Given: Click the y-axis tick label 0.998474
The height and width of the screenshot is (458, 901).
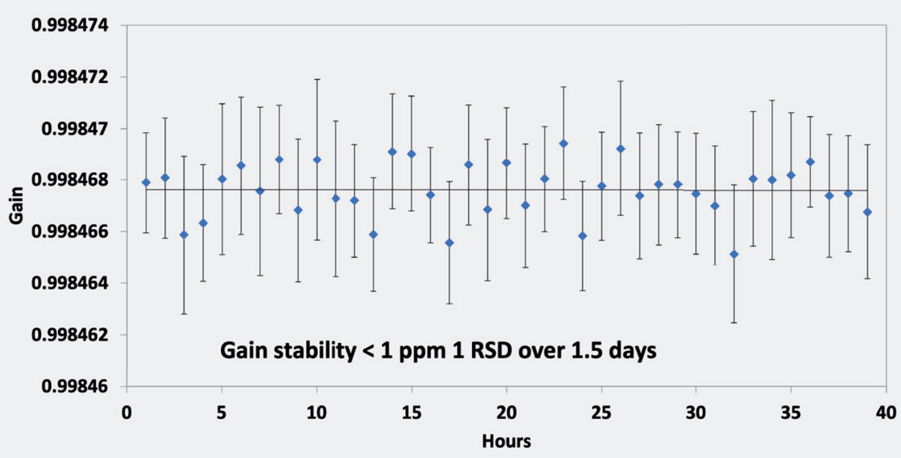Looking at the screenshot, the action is (x=70, y=25).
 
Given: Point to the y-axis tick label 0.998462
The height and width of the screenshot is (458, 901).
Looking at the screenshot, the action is (x=70, y=335).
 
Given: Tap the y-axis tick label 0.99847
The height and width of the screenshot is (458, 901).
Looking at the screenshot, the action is (x=75, y=129).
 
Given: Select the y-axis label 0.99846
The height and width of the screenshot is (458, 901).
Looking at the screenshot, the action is (x=75, y=386).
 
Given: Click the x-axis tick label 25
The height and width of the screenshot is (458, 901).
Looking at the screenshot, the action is (x=602, y=412).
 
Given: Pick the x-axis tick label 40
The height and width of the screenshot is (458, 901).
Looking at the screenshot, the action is (x=886, y=412).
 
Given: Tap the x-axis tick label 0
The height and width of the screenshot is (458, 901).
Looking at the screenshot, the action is (x=127, y=412).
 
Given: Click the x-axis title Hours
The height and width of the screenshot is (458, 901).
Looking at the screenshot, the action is (x=506, y=441).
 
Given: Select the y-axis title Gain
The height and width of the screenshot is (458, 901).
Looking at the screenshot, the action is (x=16, y=205).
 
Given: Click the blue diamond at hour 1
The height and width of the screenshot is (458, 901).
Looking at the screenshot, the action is (x=146, y=183).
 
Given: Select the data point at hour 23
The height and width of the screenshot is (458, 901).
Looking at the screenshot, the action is (x=563, y=143).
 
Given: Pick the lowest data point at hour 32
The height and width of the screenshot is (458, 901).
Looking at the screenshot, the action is (x=734, y=254).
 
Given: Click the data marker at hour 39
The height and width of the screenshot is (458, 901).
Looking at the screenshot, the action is (x=868, y=212).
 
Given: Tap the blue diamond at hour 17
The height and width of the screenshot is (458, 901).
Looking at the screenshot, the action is (x=449, y=243).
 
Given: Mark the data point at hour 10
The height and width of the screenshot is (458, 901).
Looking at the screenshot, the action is (x=317, y=159).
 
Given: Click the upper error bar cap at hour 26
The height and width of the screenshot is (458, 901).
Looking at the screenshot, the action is (x=621, y=81).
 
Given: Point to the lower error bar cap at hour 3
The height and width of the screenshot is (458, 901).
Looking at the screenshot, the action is (x=184, y=314).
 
